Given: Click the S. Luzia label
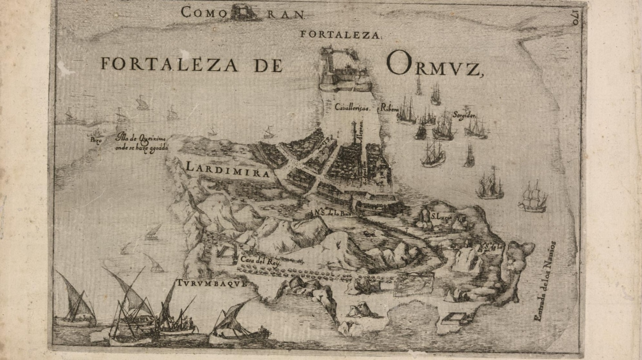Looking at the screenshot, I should point(442,217).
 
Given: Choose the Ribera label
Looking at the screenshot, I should point(388,107).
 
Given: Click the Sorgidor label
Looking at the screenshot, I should point(465,114).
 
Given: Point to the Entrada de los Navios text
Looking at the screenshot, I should point(545,281).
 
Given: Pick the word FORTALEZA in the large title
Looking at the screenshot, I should point(169,64).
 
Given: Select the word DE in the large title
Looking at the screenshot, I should point(268,65).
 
